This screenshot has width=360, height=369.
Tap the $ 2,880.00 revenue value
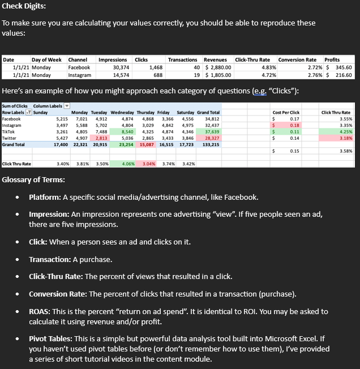[x=216, y=67]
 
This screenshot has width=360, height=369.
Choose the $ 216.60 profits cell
[x=340, y=74]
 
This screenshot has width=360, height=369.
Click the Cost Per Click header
[x=286, y=113]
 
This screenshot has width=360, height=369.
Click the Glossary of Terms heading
[x=33, y=180]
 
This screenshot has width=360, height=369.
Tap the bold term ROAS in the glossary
[x=40, y=311]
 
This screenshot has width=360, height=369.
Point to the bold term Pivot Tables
[x=52, y=338]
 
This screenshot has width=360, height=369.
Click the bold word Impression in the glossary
[x=50, y=214]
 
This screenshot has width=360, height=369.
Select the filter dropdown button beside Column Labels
[x=66, y=106]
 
